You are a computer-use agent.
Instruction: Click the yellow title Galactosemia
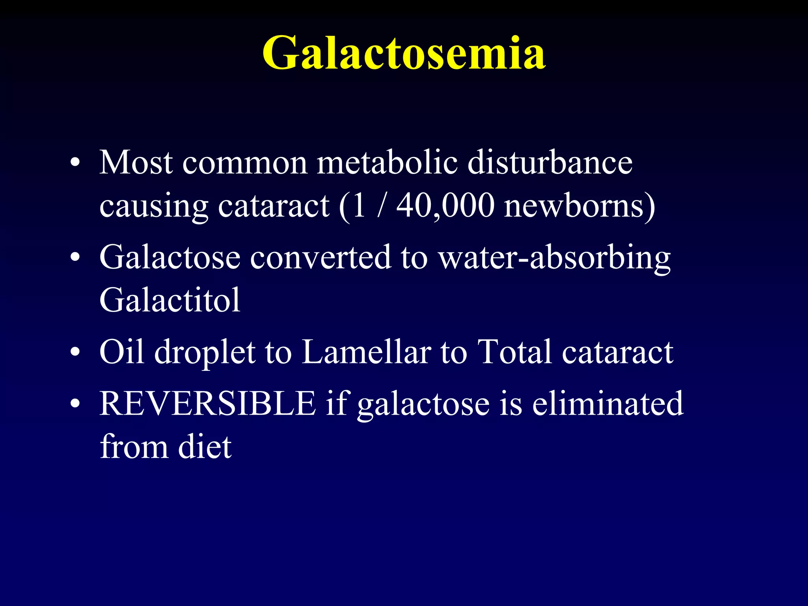tap(404, 53)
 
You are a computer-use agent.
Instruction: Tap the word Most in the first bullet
tap(136, 162)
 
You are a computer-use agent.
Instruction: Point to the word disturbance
tap(550, 162)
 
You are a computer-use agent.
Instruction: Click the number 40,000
tap(445, 206)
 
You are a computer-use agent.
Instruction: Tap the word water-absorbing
tap(554, 258)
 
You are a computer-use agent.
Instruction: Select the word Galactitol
tap(170, 300)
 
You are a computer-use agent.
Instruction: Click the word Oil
tap(122, 352)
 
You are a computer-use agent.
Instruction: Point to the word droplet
tap(205, 352)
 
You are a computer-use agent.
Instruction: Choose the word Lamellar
tap(367, 352)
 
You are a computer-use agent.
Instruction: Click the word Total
tap(514, 352)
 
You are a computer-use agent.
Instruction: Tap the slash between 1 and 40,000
tap(381, 206)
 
